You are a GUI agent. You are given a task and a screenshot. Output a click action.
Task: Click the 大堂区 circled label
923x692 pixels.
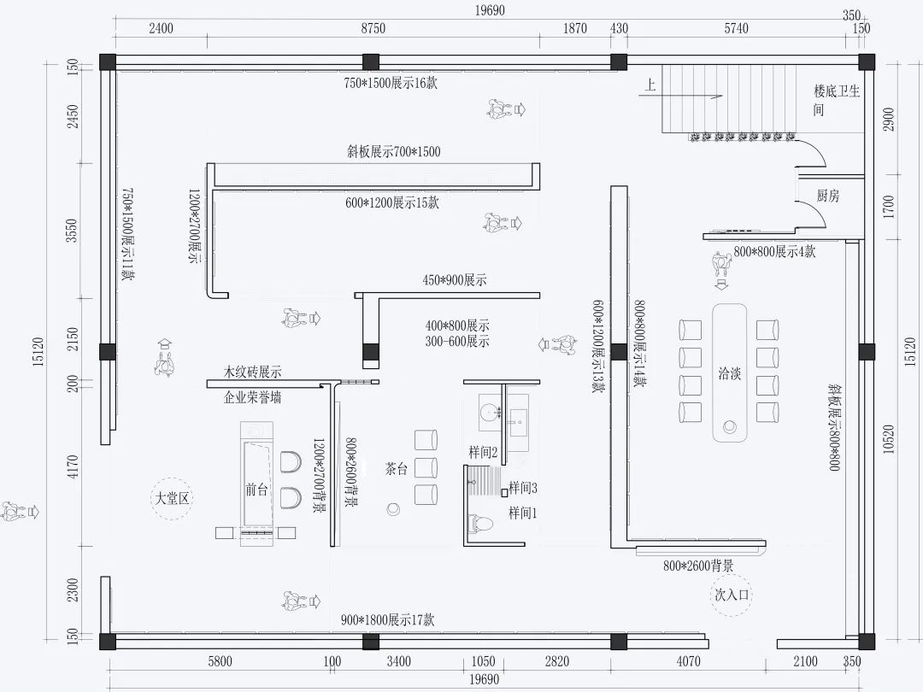point(172,499)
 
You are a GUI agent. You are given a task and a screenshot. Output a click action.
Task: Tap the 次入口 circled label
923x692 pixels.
point(732,595)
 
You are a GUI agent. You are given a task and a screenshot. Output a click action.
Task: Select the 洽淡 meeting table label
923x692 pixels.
point(729,374)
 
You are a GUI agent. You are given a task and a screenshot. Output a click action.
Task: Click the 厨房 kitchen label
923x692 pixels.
point(827,196)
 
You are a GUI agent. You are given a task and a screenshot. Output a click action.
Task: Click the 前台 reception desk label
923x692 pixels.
point(256,490)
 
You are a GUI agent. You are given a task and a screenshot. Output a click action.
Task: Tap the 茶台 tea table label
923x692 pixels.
point(395,468)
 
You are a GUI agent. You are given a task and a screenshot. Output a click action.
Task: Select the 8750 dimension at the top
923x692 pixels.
point(373,28)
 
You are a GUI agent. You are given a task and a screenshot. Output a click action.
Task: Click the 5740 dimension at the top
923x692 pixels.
point(736,28)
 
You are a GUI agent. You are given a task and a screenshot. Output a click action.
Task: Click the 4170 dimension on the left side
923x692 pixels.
point(73,466)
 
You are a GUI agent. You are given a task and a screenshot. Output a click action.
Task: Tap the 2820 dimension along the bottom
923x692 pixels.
point(556,661)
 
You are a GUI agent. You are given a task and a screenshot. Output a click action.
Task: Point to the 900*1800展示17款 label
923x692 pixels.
point(387,620)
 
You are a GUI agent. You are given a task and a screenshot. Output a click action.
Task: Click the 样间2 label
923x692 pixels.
point(483,451)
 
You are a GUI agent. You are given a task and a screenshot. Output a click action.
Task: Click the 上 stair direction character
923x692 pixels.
point(651,85)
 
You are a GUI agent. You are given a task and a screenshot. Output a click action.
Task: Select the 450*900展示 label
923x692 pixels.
point(454,280)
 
